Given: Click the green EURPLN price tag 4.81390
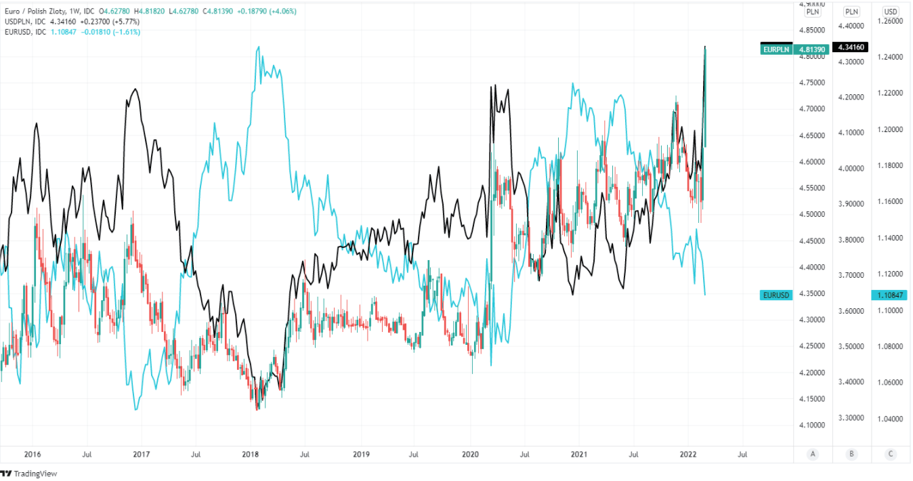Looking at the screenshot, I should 811,49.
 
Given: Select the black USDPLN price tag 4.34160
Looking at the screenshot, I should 851,47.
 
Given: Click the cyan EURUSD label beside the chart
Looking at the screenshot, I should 776,295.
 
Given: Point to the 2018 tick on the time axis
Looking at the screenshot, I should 250,455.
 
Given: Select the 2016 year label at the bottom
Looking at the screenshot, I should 32,455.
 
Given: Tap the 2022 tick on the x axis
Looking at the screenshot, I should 688,455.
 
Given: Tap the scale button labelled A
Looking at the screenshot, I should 812,455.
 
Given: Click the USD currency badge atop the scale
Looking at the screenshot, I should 891,12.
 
